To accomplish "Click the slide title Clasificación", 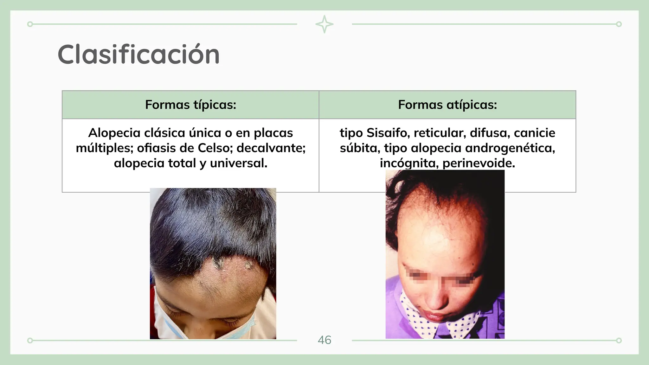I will [138, 54].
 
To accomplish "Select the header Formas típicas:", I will [190, 105].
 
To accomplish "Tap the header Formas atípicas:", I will [447, 105].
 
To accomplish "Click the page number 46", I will [324, 340].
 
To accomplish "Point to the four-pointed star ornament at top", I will [324, 24].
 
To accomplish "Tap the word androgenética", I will [510, 148].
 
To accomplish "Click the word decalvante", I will [271, 148].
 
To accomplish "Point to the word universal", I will [239, 163].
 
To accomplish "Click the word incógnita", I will [409, 163].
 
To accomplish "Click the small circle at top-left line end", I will [30, 24].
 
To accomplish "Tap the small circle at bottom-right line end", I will [619, 341].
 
